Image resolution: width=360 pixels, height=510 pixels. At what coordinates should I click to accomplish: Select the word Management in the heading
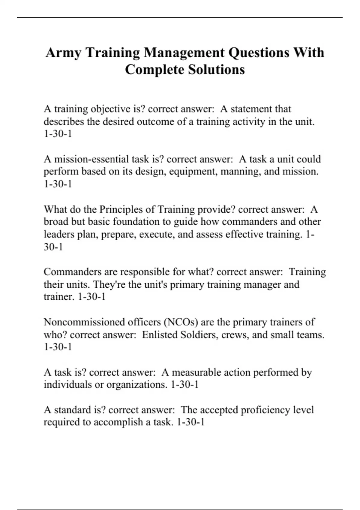point(184,53)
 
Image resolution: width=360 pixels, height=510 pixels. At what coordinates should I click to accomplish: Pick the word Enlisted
point(159,334)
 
